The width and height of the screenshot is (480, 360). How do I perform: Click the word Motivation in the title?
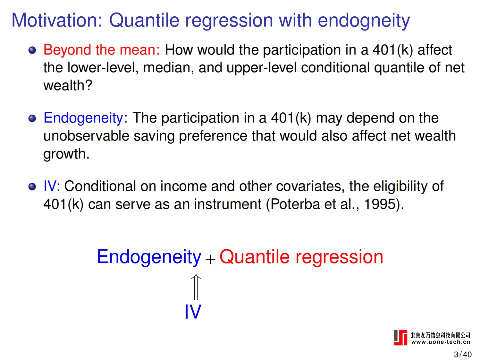coord(57,20)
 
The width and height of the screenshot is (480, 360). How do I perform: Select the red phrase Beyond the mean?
coord(102,50)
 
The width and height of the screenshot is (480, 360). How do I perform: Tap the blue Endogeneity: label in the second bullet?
coord(86,118)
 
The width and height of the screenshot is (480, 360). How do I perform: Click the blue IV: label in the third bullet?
coord(52,186)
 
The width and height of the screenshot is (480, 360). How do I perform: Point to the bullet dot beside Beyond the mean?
coord(32,50)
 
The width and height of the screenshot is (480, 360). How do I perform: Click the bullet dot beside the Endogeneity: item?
coord(32,118)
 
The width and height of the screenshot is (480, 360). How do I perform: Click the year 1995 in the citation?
coord(380,204)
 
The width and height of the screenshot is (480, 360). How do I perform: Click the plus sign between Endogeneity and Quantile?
coord(210,260)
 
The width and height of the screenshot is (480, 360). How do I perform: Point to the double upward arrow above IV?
coord(196,287)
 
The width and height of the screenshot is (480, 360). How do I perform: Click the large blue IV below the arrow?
coord(193,312)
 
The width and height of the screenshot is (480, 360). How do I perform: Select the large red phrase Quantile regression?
coord(301,257)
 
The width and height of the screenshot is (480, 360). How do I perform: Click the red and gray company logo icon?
coord(400,338)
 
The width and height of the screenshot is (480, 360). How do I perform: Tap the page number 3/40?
coord(463,354)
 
